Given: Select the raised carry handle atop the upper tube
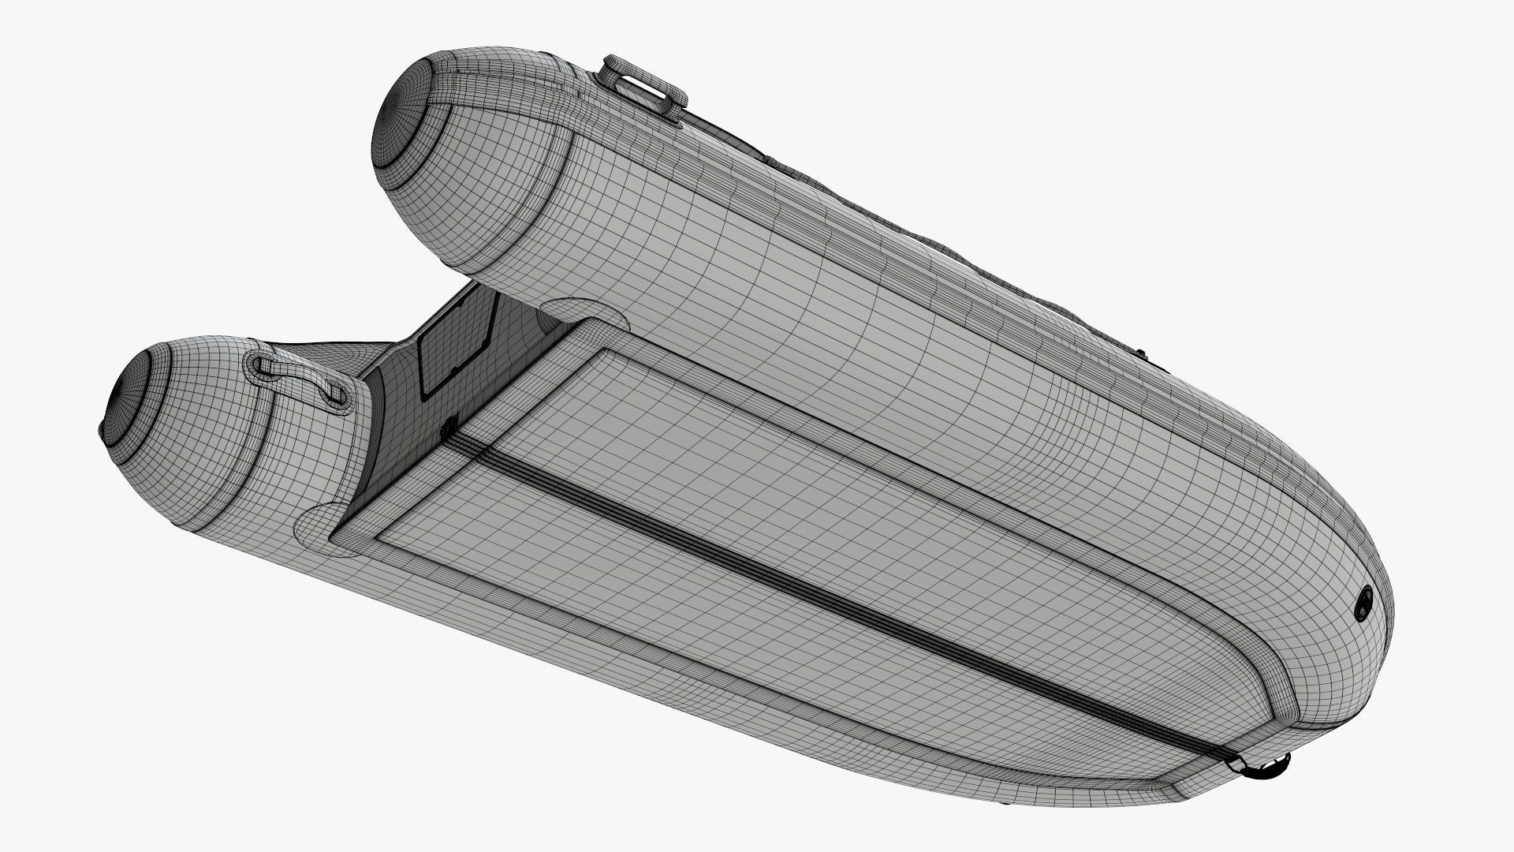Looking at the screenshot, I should [642, 87].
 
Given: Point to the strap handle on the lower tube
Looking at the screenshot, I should [300, 379].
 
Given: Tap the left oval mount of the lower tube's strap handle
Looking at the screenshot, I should [264, 365].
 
